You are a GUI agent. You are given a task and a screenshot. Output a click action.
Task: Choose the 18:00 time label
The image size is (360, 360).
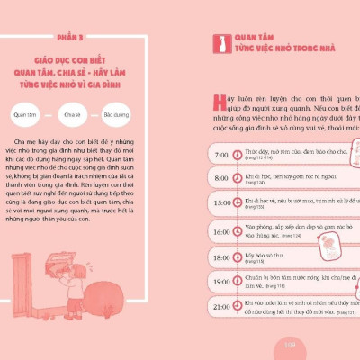click(x=221, y=257)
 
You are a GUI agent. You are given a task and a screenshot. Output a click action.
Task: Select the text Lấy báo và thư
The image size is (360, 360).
click(x=263, y=256)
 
